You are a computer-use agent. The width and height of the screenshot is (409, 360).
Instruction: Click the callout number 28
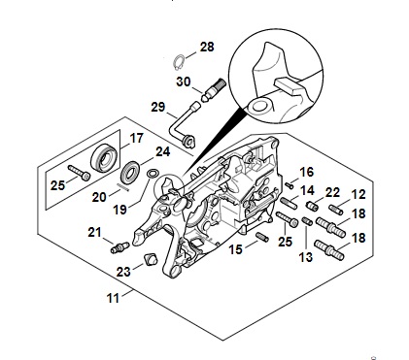pyautogui.click(x=207, y=47)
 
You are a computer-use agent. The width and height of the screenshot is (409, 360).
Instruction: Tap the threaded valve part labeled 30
pyautogui.click(x=214, y=89)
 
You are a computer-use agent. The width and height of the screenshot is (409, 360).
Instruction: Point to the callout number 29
pyautogui.click(x=158, y=107)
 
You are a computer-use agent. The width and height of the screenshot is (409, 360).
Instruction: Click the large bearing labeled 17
pyautogui.click(x=104, y=158)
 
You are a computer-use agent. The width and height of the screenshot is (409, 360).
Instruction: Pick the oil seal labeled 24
pyautogui.click(x=130, y=173)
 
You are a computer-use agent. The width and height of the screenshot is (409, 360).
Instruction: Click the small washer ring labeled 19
pyautogui.click(x=153, y=173)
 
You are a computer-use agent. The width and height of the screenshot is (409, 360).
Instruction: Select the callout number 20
pyautogui.click(x=99, y=197)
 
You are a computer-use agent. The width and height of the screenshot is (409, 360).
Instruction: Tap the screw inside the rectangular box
pyautogui.click(x=80, y=173)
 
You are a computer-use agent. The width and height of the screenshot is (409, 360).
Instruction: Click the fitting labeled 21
pyautogui.click(x=119, y=247)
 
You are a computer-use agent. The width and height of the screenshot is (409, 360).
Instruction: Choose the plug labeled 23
pyautogui.click(x=151, y=259)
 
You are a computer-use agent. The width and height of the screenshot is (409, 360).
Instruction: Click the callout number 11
pyautogui.click(x=113, y=298)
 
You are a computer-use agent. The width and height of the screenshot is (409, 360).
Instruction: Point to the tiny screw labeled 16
pyautogui.click(x=289, y=185)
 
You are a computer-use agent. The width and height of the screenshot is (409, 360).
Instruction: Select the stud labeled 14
pyautogui.click(x=289, y=203)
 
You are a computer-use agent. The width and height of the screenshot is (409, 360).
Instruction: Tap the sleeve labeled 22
pyautogui.click(x=312, y=206)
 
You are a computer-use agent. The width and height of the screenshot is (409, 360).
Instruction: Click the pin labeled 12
pyautogui.click(x=336, y=210)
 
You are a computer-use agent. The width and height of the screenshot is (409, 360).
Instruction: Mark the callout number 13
pyautogui.click(x=306, y=257)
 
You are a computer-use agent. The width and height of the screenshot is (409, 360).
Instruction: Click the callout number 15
pyautogui.click(x=236, y=249)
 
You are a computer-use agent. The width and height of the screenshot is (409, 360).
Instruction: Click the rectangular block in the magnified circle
pyautogui.click(x=289, y=85)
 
